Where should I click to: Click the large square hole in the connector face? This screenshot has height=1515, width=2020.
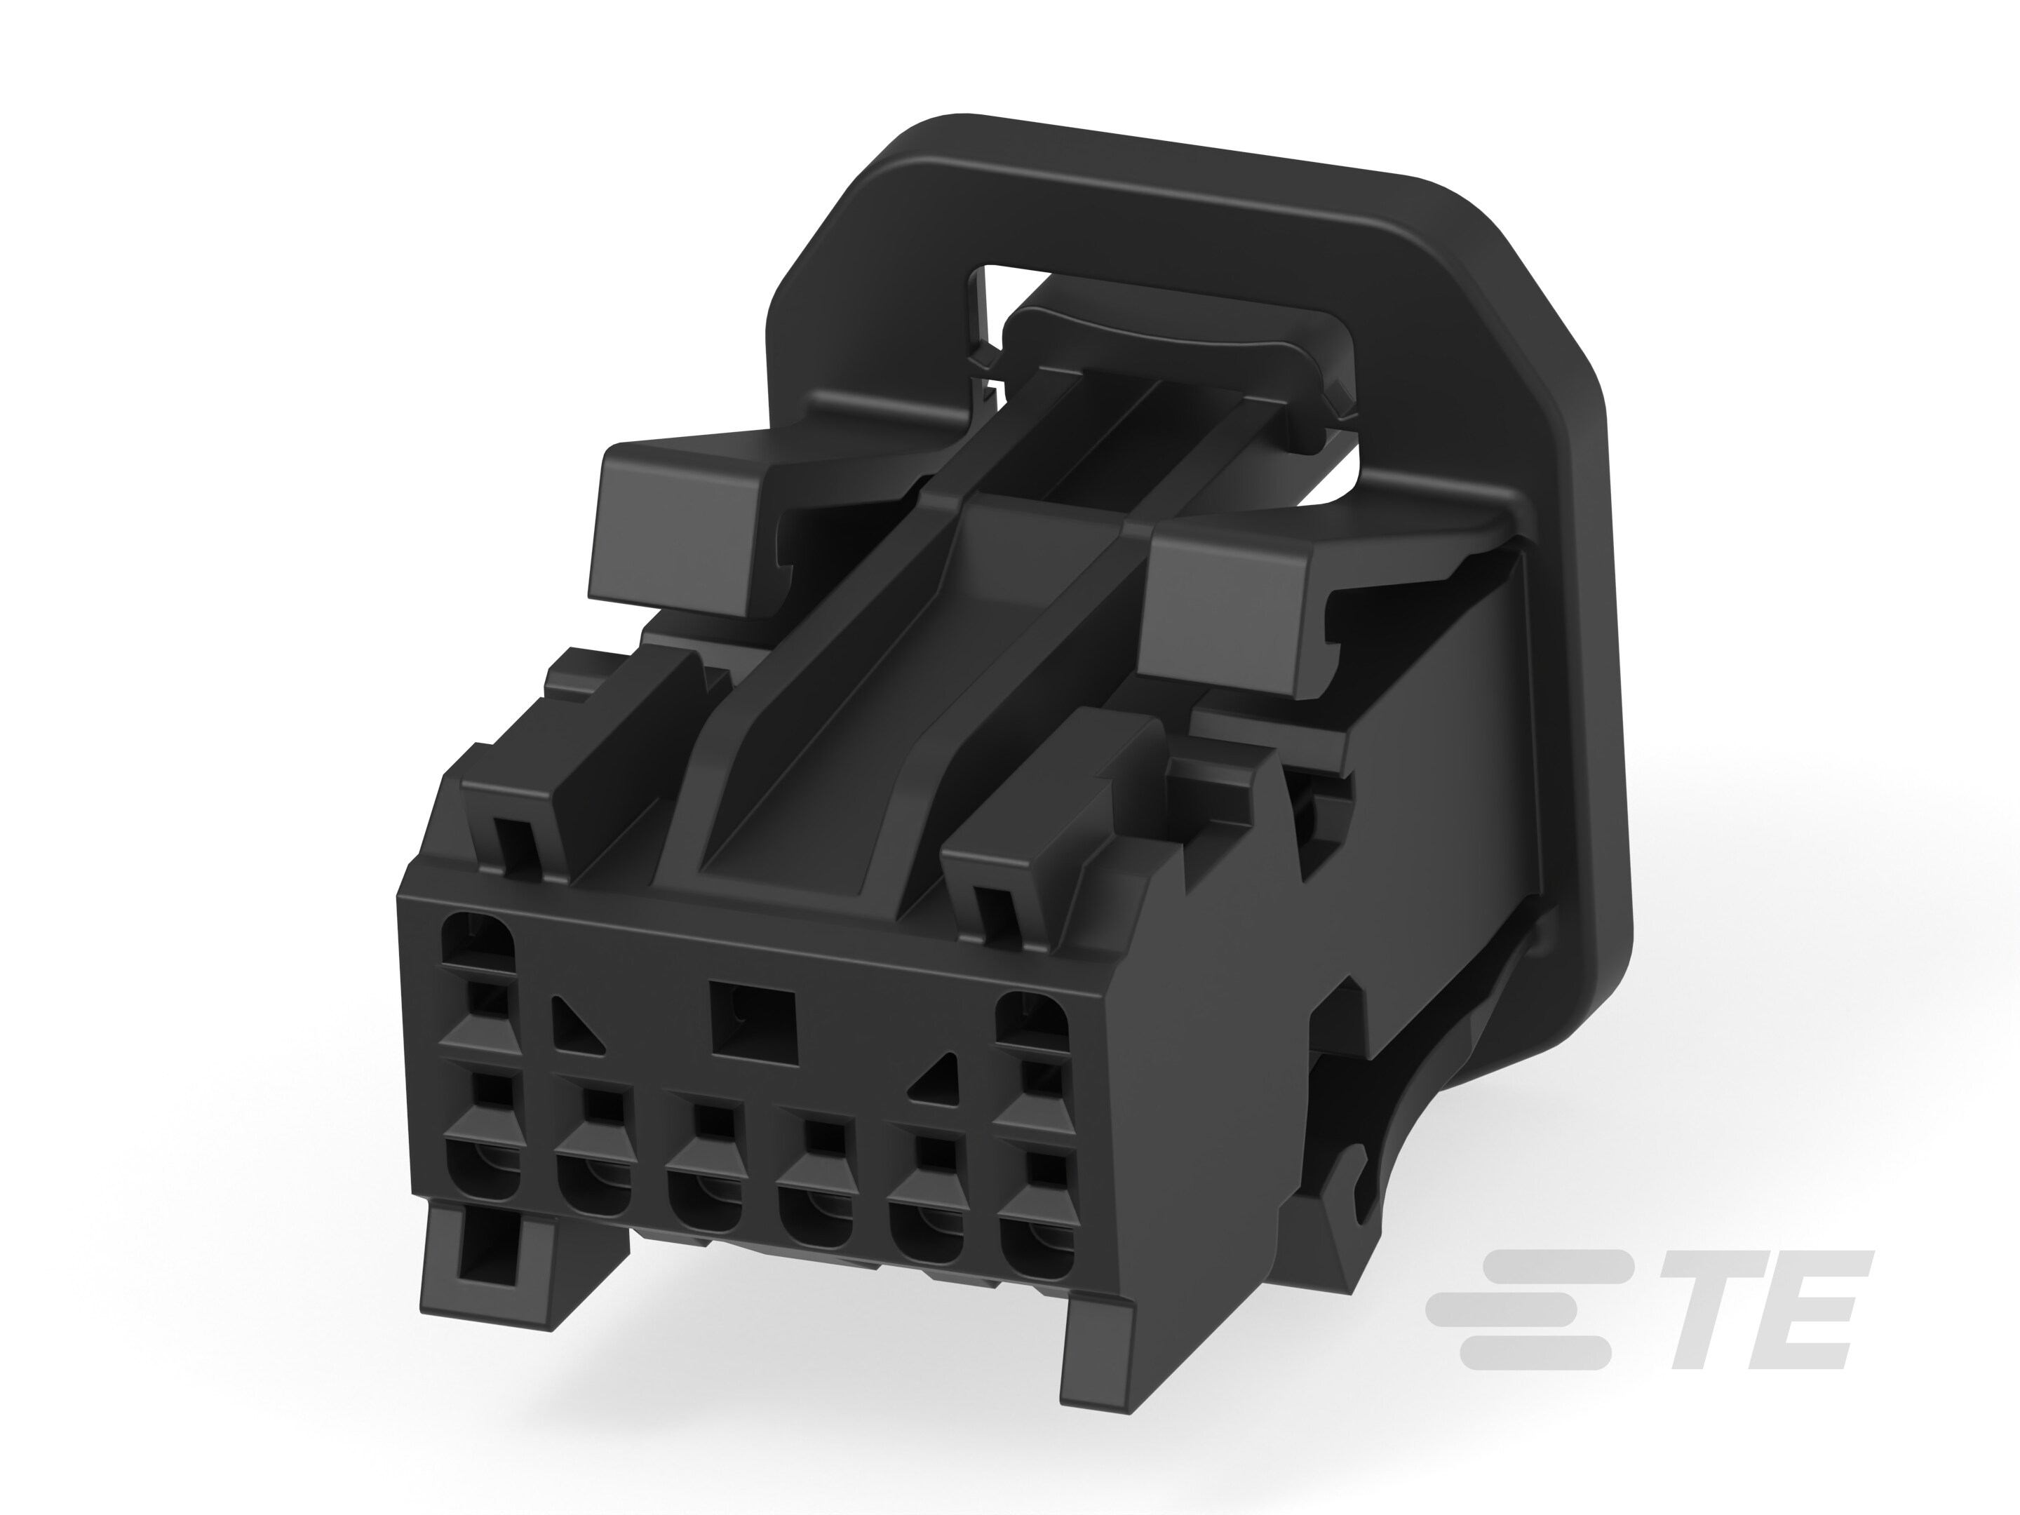click(x=753, y=1022)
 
